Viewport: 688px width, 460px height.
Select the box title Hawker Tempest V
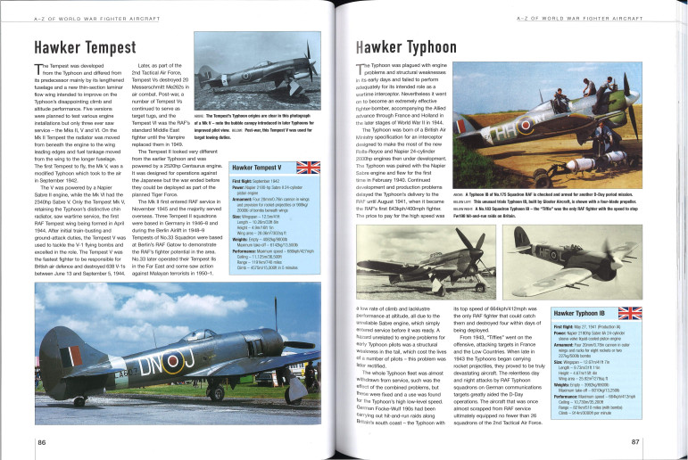(x=258, y=168)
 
